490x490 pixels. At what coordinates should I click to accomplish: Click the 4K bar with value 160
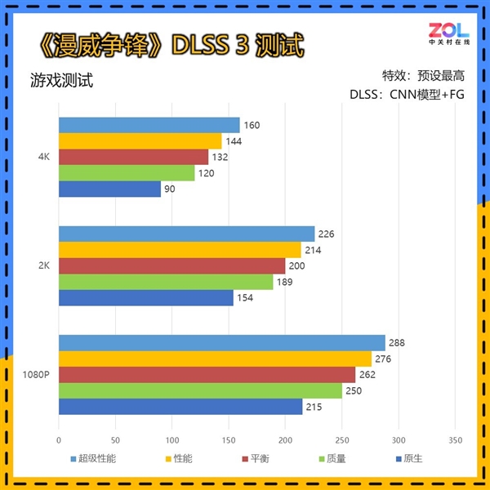pyautogui.click(x=149, y=125)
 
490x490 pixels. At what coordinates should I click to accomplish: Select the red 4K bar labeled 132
pyautogui.click(x=133, y=157)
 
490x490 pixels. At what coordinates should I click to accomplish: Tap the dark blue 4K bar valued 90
pyautogui.click(x=109, y=189)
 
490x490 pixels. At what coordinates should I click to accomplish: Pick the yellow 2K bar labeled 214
pyautogui.click(x=180, y=250)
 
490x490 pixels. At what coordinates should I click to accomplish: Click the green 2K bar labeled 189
pyautogui.click(x=166, y=282)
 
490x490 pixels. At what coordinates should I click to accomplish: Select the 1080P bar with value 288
pyautogui.click(x=221, y=343)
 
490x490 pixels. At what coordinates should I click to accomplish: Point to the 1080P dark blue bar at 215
pyautogui.click(x=180, y=406)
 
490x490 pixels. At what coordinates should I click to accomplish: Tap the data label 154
pyautogui.click(x=245, y=298)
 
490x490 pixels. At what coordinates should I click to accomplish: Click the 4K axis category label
pyautogui.click(x=44, y=157)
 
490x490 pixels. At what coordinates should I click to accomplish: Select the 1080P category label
pyautogui.click(x=38, y=375)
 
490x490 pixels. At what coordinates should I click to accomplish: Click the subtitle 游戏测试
pyautogui.click(x=61, y=82)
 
